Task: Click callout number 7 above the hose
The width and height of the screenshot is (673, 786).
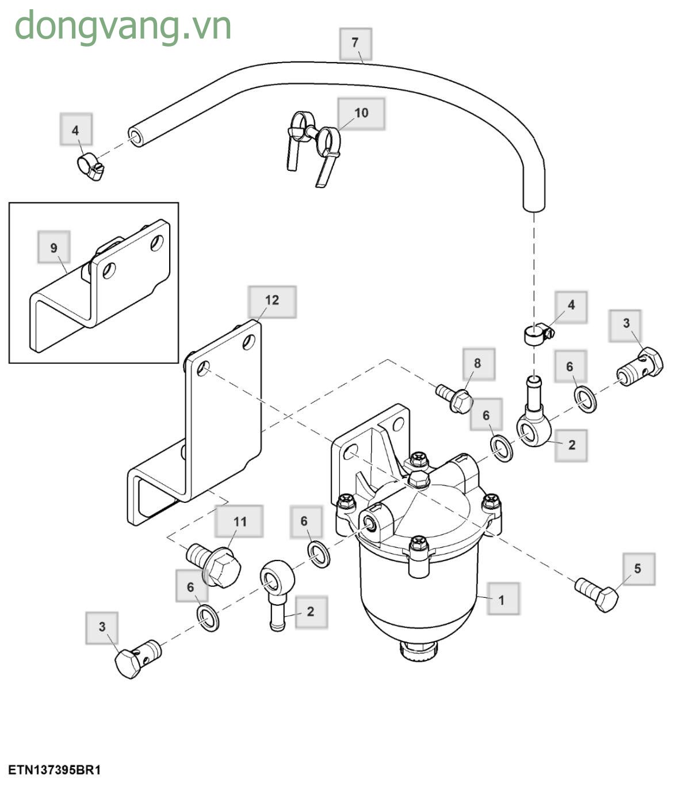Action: [x=355, y=43]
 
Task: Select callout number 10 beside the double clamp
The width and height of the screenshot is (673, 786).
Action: [x=361, y=113]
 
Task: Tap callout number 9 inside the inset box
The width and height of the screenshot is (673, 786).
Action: [x=53, y=247]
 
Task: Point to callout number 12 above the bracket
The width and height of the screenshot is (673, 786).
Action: [x=272, y=301]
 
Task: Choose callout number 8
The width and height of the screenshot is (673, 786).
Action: [x=477, y=364]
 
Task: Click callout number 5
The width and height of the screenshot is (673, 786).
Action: [x=637, y=569]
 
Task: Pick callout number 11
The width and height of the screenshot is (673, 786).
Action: [x=239, y=521]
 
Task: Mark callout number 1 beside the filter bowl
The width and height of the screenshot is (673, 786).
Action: [x=501, y=600]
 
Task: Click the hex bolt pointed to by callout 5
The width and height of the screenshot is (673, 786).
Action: [x=598, y=594]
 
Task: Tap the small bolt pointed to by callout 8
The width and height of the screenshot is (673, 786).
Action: [x=454, y=397]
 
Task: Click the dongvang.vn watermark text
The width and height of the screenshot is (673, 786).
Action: [x=123, y=26]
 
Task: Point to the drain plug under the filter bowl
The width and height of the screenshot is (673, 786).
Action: [x=418, y=653]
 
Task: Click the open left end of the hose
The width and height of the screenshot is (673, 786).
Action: [x=136, y=138]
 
